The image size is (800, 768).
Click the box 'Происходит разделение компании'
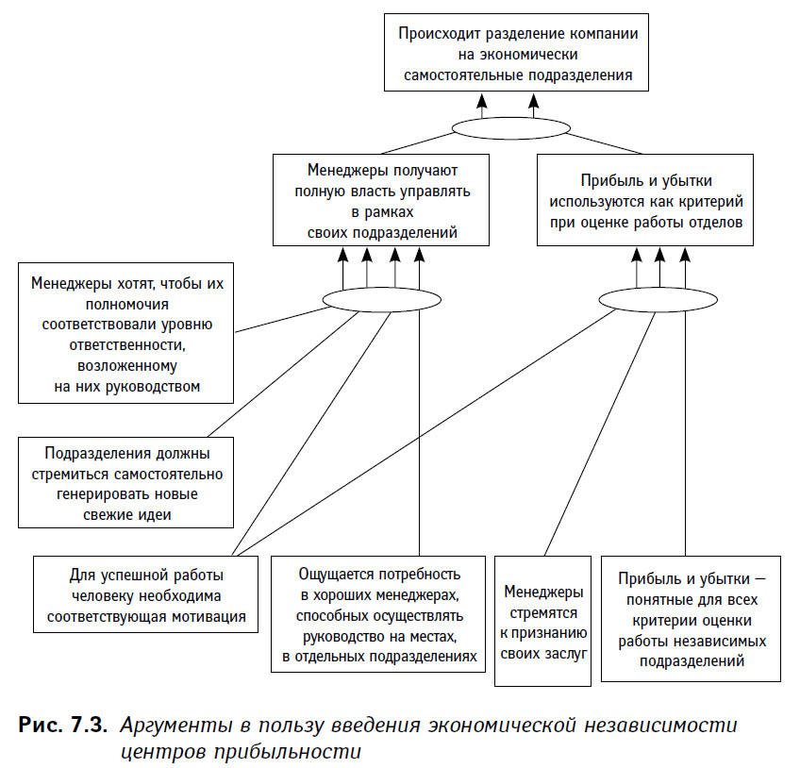tap(516, 53)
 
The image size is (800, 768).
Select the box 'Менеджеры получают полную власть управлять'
tap(381, 200)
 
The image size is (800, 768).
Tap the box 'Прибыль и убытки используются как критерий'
tap(645, 200)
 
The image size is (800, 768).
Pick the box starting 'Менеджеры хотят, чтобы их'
tap(126, 333)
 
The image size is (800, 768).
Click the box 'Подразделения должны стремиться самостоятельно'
tap(126, 482)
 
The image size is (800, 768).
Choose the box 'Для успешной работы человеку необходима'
tap(146, 594)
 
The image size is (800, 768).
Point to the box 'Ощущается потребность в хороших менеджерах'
tap(378, 614)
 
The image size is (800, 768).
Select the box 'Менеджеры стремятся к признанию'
tap(542, 621)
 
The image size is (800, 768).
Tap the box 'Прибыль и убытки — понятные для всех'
tap(692, 619)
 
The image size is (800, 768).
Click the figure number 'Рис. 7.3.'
tap(63, 725)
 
